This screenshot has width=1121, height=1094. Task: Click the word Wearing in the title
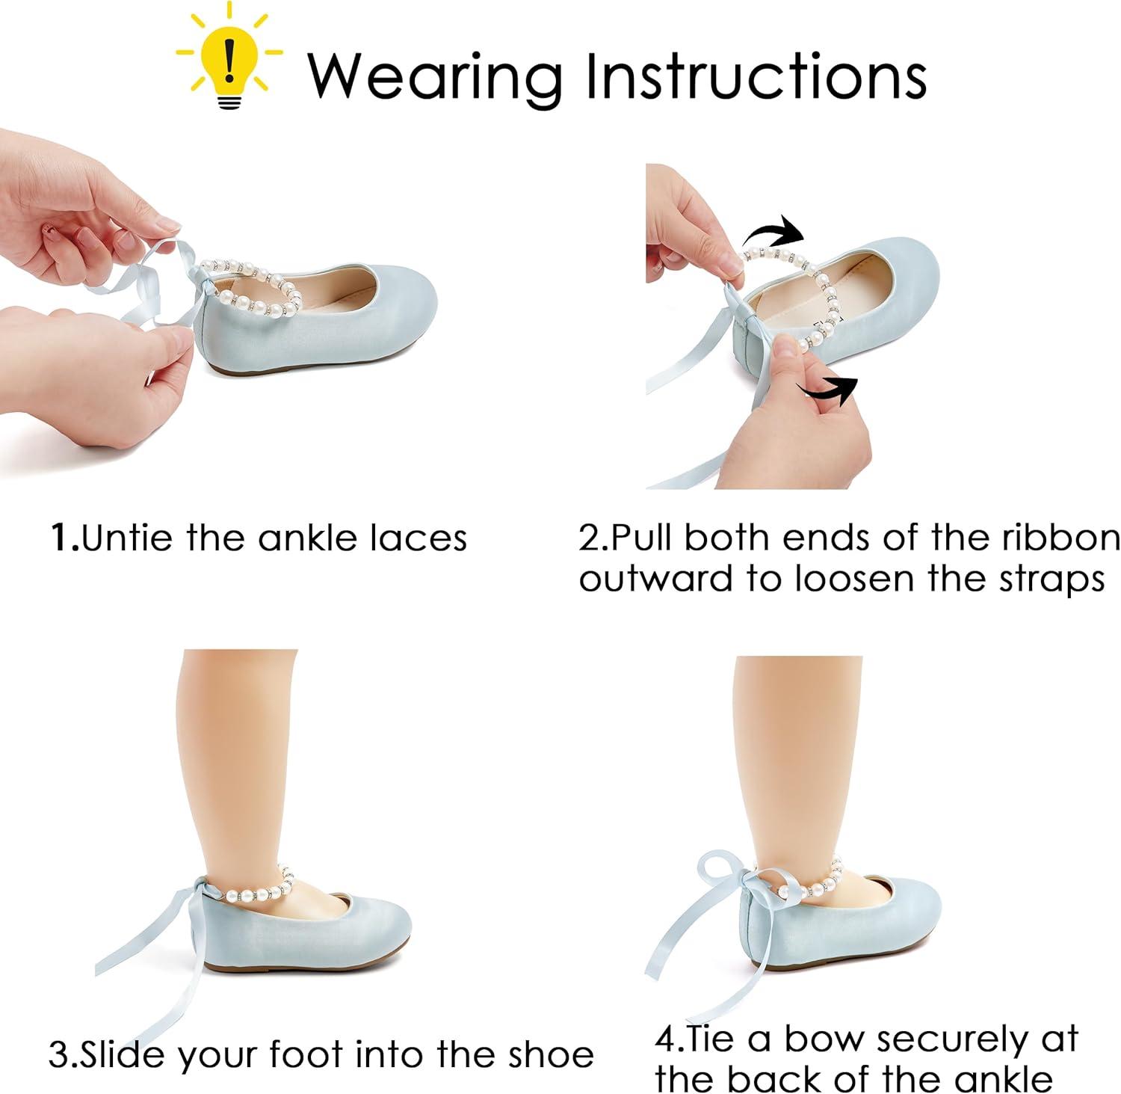tap(436, 76)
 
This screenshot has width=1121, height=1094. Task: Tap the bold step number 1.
tap(64, 538)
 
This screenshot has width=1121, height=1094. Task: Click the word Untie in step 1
tap(128, 538)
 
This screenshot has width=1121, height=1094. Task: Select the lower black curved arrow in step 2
tap(827, 390)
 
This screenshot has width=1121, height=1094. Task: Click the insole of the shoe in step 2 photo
tap(822, 288)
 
